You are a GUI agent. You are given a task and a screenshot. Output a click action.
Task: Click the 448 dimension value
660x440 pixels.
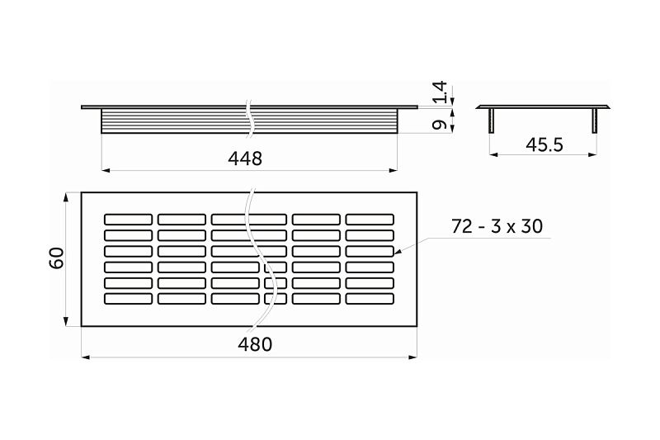coord(245,158)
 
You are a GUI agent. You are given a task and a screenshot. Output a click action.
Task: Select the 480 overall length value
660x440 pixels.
coord(255,345)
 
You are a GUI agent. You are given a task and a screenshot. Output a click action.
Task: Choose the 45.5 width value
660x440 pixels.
coord(544,144)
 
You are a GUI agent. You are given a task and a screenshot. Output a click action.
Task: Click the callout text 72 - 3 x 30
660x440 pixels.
coord(497,225)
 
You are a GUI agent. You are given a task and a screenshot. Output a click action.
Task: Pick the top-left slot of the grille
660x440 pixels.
coord(128,219)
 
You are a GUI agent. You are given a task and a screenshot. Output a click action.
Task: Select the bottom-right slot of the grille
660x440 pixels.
coord(370,298)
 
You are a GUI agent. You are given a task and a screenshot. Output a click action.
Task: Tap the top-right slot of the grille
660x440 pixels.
coord(370,219)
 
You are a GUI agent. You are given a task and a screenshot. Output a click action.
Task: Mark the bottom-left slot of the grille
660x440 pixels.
coord(128,298)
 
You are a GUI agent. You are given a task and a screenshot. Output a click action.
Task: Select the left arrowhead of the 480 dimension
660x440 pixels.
coord(85,358)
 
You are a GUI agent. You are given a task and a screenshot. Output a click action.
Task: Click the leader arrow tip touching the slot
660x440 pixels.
coord(395,251)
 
